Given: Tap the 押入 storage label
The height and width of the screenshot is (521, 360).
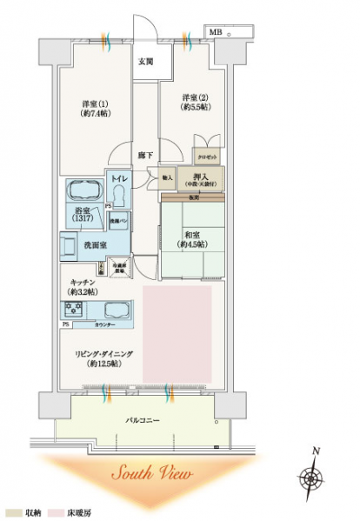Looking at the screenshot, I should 200,180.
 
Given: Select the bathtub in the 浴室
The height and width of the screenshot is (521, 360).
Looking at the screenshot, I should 84,191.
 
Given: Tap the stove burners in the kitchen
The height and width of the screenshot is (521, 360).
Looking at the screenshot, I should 73,310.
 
